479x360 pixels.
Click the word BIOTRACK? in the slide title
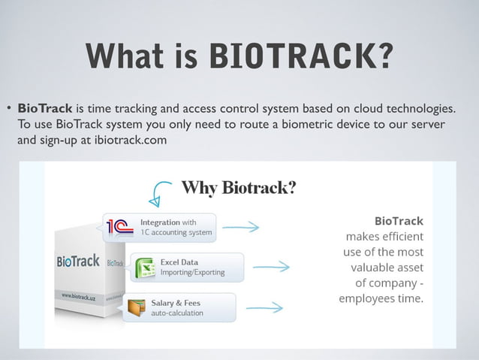(x=300, y=56)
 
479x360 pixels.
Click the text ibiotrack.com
(x=129, y=139)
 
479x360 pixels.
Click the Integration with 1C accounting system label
(x=175, y=227)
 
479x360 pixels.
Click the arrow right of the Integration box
(x=242, y=226)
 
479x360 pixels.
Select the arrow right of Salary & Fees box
(x=264, y=307)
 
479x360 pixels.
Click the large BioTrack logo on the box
(x=78, y=262)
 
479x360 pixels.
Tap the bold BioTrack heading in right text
(x=399, y=221)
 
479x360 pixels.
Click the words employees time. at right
(x=381, y=299)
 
